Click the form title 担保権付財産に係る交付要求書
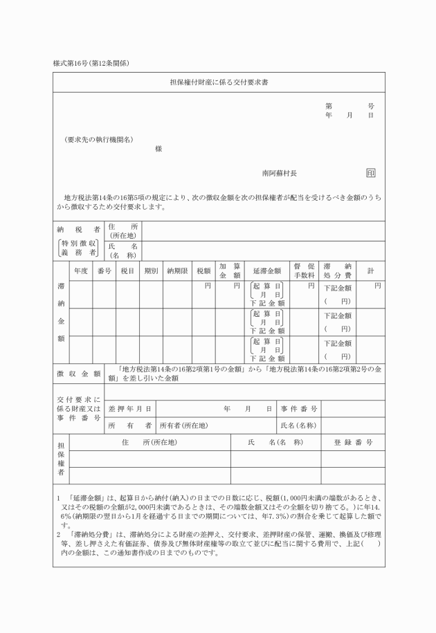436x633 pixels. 218,82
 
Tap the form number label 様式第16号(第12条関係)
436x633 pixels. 91,63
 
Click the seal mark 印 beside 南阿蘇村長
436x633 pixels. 370,173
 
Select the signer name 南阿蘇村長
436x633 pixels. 280,173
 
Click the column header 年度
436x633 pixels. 81,270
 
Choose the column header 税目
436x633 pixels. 127,270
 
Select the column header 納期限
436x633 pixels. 178,270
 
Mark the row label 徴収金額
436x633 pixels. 78,374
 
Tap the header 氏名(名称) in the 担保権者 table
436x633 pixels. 275,442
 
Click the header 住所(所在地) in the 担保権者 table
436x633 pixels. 149,442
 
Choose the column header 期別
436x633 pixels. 151,270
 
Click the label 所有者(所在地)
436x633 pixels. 184,425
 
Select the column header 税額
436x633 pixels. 203,270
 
